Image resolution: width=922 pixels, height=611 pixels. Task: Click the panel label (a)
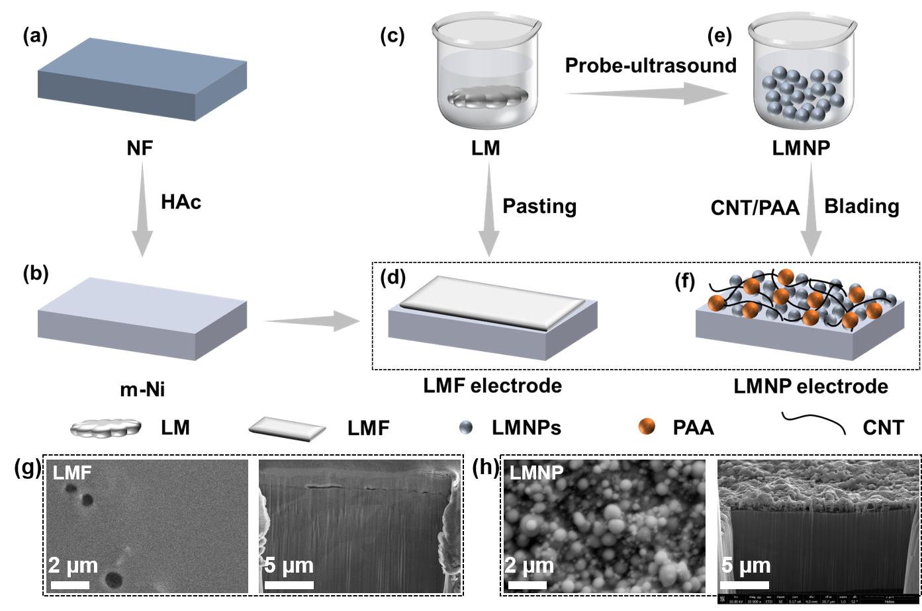[35, 36]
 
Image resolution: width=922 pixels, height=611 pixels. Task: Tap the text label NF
[140, 148]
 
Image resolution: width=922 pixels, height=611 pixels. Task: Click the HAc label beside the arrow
[181, 202]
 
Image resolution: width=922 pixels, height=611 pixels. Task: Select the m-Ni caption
[142, 389]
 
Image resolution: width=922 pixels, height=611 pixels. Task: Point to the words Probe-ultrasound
[651, 65]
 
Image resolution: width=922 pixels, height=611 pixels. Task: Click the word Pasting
[539, 206]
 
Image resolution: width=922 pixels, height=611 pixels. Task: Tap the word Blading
[861, 206]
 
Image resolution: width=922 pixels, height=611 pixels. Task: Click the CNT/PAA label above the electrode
[755, 208]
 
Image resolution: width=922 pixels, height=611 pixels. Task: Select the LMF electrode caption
[492, 385]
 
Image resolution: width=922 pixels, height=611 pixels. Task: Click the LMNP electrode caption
[811, 386]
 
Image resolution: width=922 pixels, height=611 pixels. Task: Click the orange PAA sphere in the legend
[647, 427]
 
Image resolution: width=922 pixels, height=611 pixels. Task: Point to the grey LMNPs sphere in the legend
[466, 428]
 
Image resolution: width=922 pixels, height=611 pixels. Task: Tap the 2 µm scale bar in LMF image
[69, 585]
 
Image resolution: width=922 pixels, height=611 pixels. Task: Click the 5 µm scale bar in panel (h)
[744, 585]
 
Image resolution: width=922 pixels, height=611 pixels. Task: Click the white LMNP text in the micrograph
[537, 472]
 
